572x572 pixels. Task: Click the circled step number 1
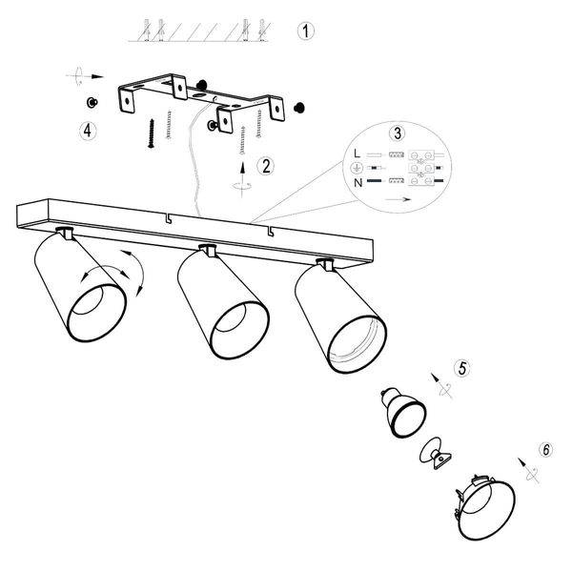305,31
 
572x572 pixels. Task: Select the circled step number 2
266,166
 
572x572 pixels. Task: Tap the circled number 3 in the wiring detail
398,133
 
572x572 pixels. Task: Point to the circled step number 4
88,131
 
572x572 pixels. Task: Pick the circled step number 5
462,368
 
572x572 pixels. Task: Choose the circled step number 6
546,449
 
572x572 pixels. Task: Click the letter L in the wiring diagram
357,153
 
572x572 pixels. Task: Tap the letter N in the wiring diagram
357,182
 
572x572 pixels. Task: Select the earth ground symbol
356,168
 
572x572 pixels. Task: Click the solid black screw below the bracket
152,133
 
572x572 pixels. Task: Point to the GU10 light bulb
403,412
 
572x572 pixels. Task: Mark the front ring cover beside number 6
485,509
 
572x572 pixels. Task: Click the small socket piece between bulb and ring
436,453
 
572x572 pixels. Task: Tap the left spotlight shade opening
97,313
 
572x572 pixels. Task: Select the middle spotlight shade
223,301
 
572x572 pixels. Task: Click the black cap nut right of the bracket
299,108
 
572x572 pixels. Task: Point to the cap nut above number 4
92,103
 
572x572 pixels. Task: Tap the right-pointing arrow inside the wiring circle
398,199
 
